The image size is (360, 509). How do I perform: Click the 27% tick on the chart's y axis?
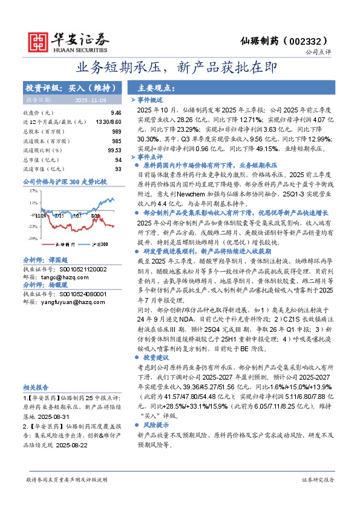click(x=33, y=191)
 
